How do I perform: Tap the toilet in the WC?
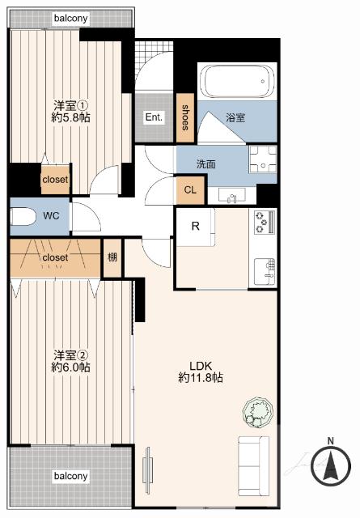pyautogui.click(x=23, y=216)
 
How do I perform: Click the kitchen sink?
pyautogui.click(x=265, y=272)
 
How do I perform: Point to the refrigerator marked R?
pyautogui.click(x=196, y=227)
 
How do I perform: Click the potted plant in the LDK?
pyautogui.click(x=258, y=412)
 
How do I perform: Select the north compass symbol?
pyautogui.click(x=331, y=465)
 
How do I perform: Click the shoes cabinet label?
pyautogui.click(x=185, y=117)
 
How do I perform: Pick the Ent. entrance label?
pyautogui.click(x=154, y=117)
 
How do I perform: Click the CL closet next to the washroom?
pyautogui.click(x=190, y=190)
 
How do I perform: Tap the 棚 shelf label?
pyautogui.click(x=112, y=257)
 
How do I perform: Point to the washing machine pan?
pyautogui.click(x=263, y=159)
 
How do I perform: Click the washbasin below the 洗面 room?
pyautogui.click(x=231, y=196)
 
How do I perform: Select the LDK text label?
pyautogui.click(x=201, y=366)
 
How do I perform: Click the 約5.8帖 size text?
pyautogui.click(x=70, y=117)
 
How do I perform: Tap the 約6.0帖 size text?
pyautogui.click(x=70, y=367)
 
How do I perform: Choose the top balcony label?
pyautogui.click(x=71, y=18)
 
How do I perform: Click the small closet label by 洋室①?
pyautogui.click(x=55, y=180)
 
